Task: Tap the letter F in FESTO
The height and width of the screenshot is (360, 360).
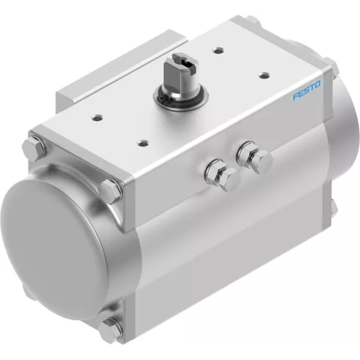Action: (295, 97)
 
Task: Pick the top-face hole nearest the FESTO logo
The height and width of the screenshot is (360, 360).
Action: (262, 73)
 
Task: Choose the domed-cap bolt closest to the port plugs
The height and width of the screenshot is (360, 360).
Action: (111, 189)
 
